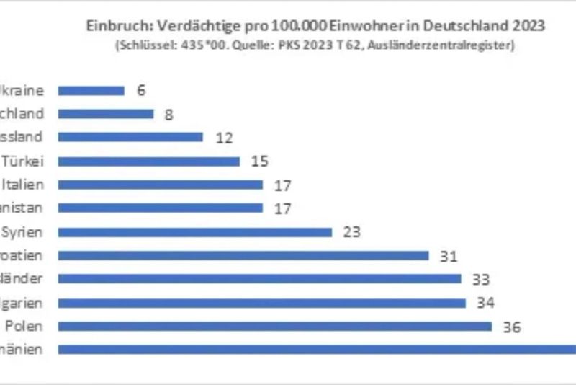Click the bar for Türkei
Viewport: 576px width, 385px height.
point(148,161)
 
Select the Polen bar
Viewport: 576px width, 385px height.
point(274,327)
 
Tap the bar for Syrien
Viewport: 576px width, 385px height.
point(194,232)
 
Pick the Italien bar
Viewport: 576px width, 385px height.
point(160,185)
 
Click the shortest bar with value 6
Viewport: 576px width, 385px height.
point(91,91)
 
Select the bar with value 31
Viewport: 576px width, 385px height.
point(243,255)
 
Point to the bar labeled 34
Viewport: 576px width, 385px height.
point(261,303)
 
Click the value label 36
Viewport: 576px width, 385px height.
point(511,327)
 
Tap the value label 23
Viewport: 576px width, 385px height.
point(351,232)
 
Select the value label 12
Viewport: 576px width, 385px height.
point(224,138)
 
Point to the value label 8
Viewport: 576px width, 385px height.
point(168,114)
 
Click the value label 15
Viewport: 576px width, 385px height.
point(259,161)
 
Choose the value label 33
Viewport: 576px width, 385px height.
point(480,279)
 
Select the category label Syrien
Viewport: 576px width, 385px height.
point(24,231)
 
